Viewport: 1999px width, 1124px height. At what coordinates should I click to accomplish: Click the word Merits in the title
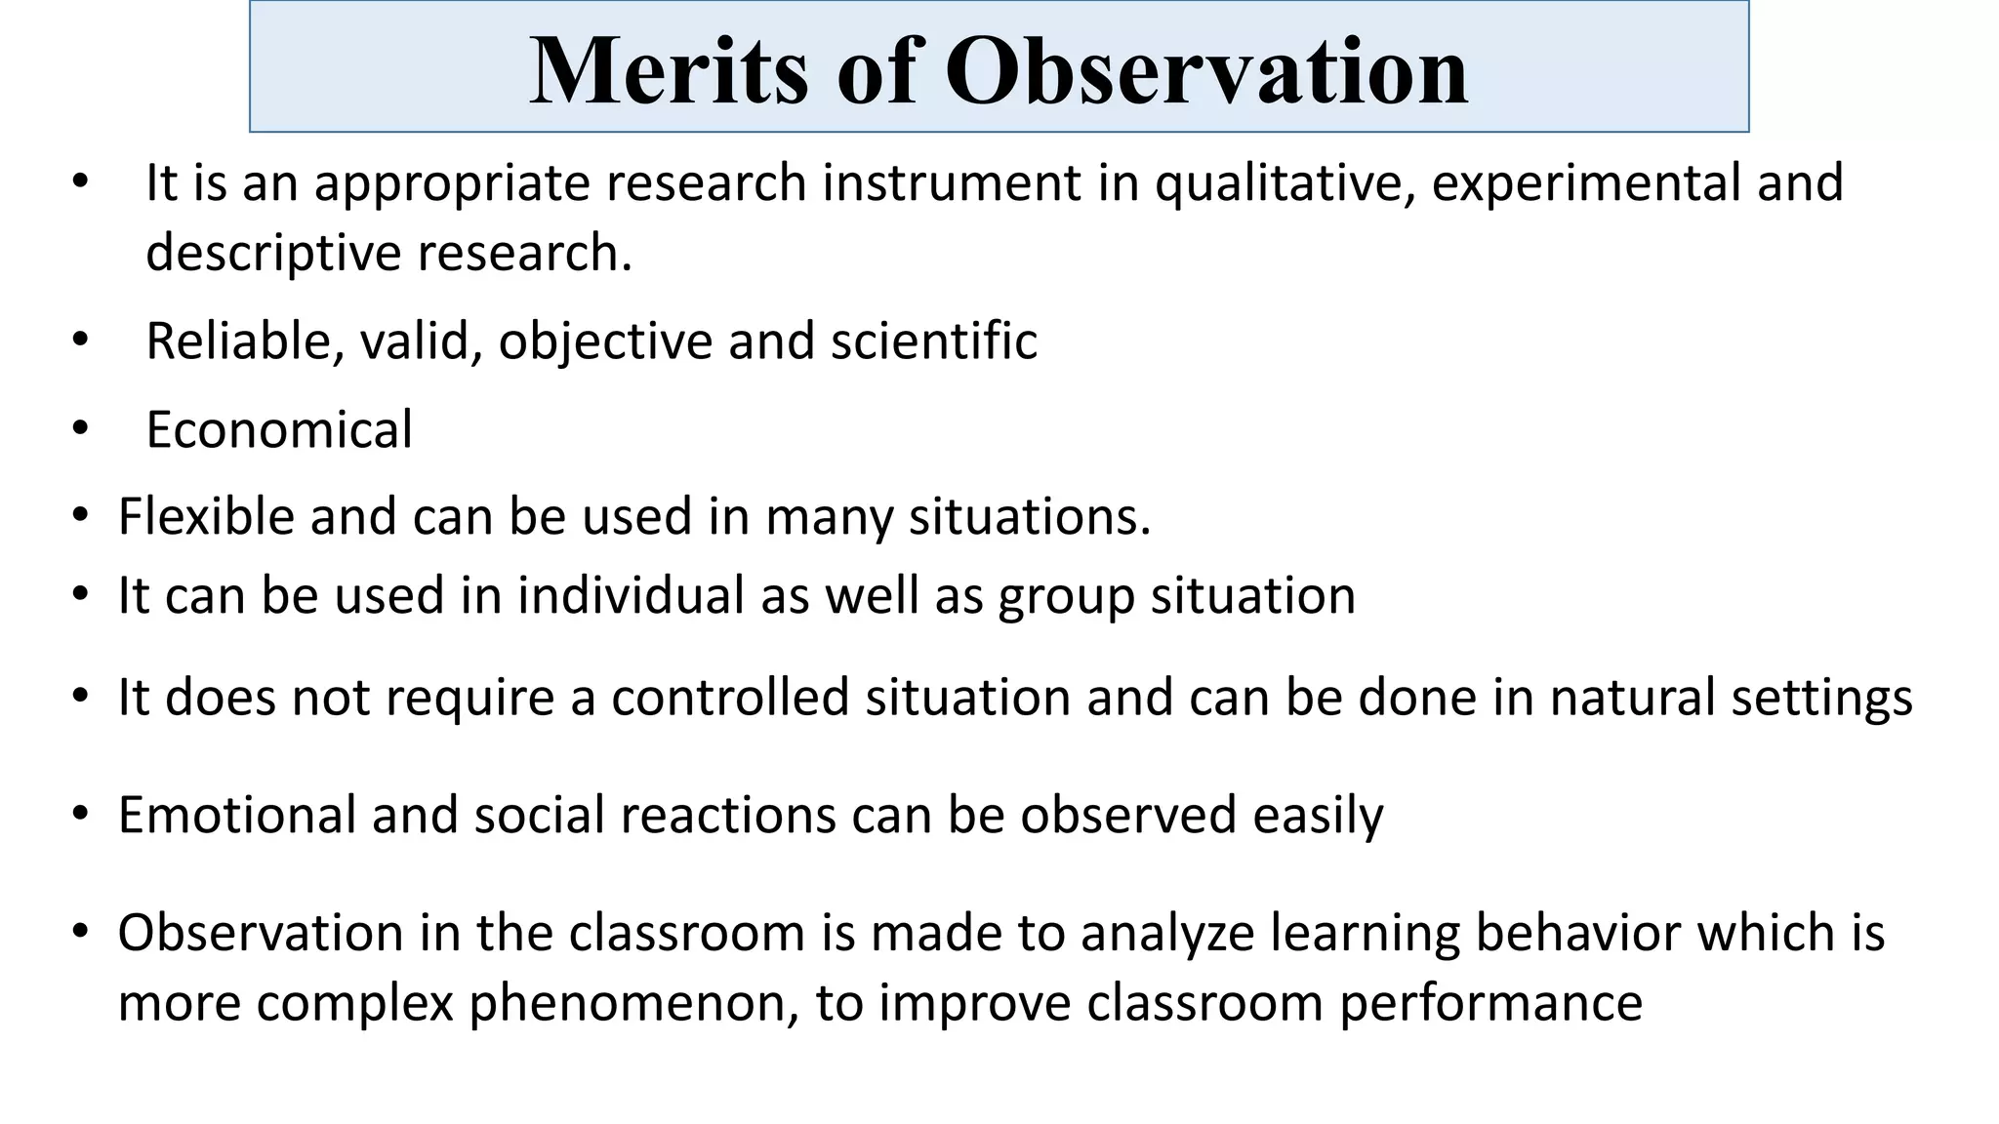669,70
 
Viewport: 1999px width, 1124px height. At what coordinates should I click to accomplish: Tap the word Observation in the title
1206,70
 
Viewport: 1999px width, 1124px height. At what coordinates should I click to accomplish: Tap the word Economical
279,429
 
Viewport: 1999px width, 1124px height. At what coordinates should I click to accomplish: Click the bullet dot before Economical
80,428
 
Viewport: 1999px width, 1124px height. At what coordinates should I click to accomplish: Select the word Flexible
206,516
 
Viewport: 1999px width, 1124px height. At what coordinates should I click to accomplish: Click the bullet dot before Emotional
80,814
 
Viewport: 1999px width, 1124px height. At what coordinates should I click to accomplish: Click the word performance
1490,1003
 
